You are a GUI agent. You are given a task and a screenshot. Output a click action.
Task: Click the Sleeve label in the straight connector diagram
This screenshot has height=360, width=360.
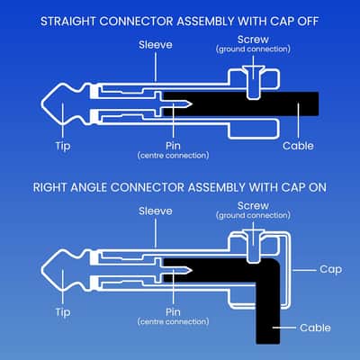[x=156, y=45]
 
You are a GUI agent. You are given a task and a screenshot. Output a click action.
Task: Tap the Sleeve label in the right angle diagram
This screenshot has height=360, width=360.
[x=156, y=211]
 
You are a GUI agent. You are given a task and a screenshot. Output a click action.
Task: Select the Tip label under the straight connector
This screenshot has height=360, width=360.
[x=63, y=146]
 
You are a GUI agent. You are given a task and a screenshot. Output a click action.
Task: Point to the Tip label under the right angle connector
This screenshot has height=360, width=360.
[x=63, y=312]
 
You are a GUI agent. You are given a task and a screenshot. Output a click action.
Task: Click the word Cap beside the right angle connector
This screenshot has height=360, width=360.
[x=330, y=269]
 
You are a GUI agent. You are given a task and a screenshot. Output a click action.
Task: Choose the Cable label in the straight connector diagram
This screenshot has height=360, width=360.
[x=298, y=146]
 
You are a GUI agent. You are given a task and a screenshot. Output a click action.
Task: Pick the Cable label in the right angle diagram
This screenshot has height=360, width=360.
[x=315, y=328]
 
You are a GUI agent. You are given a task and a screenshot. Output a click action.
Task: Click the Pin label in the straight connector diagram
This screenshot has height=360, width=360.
[x=173, y=146]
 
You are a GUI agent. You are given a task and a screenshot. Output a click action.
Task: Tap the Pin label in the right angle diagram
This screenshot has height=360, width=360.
[x=173, y=312]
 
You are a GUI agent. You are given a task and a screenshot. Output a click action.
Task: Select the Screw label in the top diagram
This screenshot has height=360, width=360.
[x=253, y=40]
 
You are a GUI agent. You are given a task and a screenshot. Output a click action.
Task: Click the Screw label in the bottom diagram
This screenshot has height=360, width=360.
[x=253, y=206]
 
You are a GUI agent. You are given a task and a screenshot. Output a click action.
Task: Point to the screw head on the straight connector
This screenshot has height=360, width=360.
[x=254, y=69]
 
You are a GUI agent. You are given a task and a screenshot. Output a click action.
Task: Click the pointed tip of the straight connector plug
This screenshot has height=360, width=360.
[x=41, y=103]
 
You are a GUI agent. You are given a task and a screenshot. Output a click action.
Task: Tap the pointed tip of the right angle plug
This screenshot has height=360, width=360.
[x=41, y=270]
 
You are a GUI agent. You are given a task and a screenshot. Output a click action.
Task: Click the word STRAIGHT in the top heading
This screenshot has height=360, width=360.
[x=67, y=22]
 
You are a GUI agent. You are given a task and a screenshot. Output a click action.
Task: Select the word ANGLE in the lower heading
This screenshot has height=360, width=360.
[x=88, y=188]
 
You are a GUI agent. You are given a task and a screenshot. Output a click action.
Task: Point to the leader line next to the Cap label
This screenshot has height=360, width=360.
[x=304, y=270]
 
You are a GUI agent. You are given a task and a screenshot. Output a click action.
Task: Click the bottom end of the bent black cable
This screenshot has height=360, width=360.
[x=268, y=343]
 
